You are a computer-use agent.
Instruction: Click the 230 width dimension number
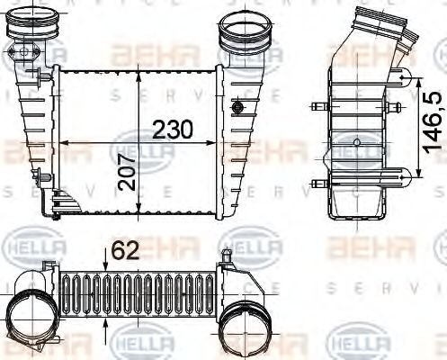[172, 129]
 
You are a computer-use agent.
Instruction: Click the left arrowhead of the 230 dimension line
[59, 142]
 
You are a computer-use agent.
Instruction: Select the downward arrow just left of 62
[106, 257]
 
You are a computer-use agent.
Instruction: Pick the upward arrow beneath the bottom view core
[106, 323]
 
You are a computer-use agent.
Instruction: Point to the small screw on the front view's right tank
[238, 108]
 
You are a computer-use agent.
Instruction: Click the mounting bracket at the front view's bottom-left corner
[55, 209]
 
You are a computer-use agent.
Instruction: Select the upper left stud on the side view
[316, 108]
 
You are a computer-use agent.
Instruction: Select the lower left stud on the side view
[316, 183]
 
